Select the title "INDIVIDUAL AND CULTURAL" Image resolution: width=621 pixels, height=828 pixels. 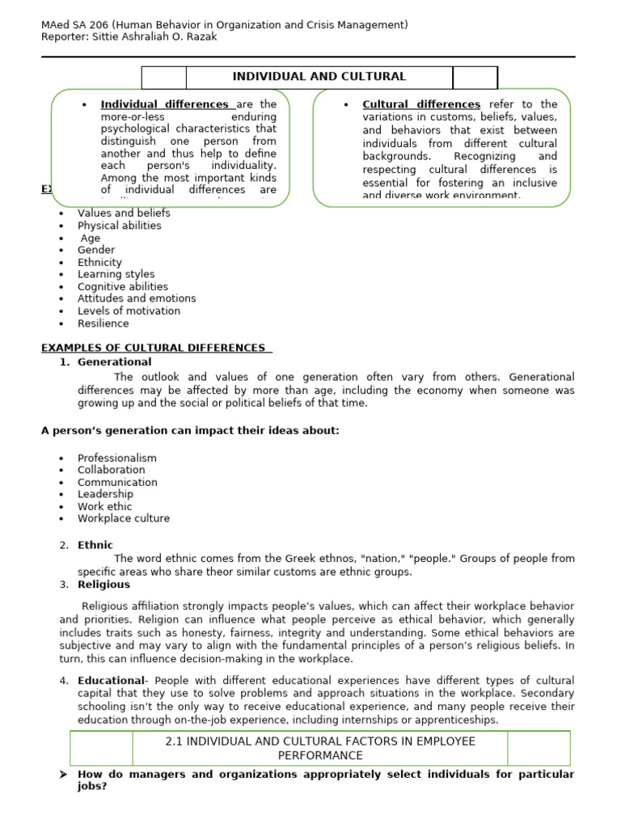point(319,77)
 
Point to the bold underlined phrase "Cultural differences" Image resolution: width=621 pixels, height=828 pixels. point(421,104)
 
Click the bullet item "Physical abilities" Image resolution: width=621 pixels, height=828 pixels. point(119,226)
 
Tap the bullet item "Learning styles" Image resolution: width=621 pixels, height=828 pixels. point(116,274)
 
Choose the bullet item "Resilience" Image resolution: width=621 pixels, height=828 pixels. point(103,323)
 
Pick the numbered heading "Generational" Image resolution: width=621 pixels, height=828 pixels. point(114,361)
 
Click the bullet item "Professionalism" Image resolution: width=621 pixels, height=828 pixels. point(116,458)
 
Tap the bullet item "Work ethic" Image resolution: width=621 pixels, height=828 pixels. point(104,506)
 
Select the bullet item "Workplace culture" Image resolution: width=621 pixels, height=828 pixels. point(124,518)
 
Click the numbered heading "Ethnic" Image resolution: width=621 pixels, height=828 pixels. point(95,545)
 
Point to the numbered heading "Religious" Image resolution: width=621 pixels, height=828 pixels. point(103,584)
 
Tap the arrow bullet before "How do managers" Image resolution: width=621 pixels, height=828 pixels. point(63,775)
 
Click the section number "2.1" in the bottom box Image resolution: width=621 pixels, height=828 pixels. point(174,741)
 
